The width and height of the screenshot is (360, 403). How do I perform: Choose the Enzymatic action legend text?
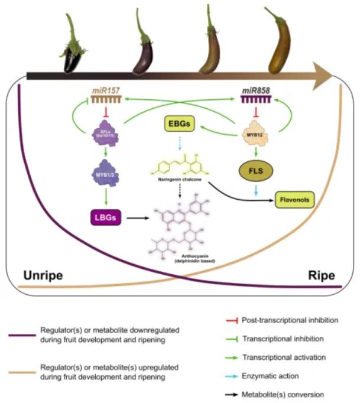coord(273,376)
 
